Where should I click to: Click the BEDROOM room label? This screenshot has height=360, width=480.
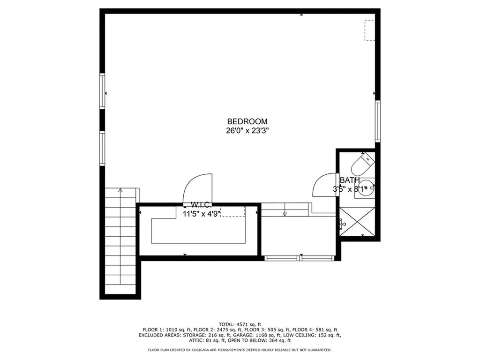click(247, 121)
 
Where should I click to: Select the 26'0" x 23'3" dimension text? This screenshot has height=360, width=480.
click(247, 131)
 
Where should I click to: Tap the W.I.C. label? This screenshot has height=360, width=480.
click(201, 205)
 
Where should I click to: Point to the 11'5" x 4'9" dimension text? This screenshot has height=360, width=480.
click(201, 214)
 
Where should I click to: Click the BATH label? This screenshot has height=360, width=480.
click(350, 180)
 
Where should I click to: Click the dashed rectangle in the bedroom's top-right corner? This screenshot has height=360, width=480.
click(370, 30)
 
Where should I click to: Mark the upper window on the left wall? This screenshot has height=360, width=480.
click(102, 91)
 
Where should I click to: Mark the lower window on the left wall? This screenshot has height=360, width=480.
click(102, 148)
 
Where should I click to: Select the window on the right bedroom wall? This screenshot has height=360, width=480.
click(377, 121)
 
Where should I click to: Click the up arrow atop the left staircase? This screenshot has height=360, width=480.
click(121, 191)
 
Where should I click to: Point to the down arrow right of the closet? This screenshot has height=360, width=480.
click(285, 214)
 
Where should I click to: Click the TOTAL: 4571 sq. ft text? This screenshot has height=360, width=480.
click(240, 324)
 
